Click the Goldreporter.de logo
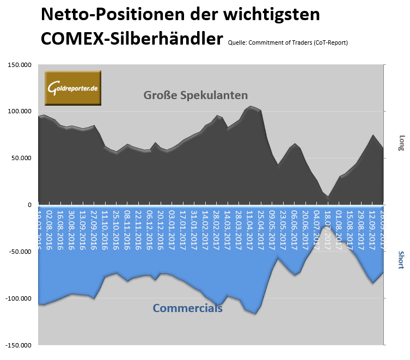pyautogui.click(x=73, y=88)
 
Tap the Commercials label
pyautogui.click(x=187, y=308)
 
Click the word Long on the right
pyautogui.click(x=402, y=143)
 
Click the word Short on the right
pyautogui.click(x=402, y=260)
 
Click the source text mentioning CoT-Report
pyautogui.click(x=288, y=42)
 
